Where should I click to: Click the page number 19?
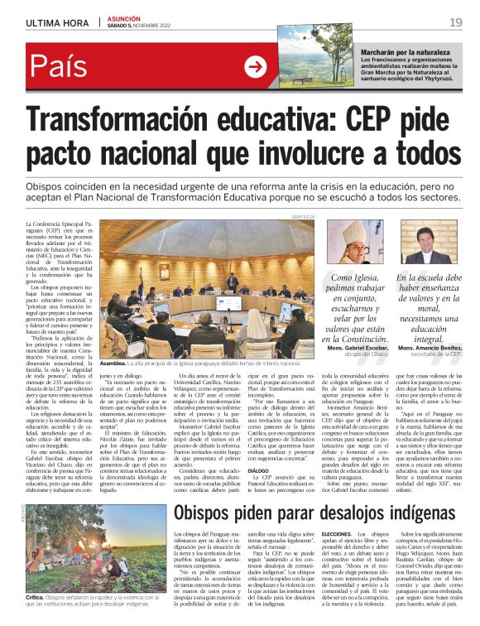[x=456, y=22]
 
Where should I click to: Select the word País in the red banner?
[x=63, y=66]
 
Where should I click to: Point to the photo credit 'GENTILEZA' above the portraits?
[x=304, y=216]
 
